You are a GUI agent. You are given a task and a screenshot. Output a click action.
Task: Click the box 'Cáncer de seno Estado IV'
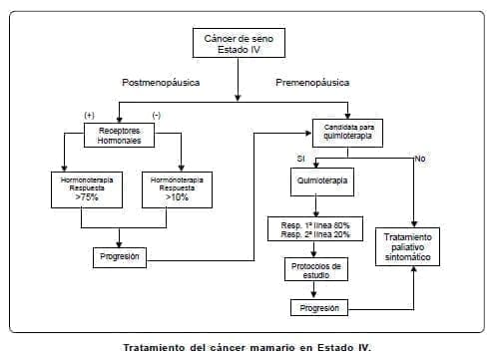(x=237, y=42)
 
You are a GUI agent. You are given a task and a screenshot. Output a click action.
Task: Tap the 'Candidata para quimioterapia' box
(x=347, y=133)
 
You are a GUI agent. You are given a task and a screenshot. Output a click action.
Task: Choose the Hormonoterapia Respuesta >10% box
(x=180, y=188)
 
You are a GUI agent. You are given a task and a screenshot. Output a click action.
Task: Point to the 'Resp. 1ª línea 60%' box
(x=314, y=228)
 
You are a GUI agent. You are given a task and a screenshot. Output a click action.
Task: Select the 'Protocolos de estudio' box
(x=314, y=270)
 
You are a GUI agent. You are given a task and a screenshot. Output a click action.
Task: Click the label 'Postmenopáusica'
(x=160, y=82)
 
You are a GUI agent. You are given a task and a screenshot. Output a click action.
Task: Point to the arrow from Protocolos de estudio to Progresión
(x=314, y=290)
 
